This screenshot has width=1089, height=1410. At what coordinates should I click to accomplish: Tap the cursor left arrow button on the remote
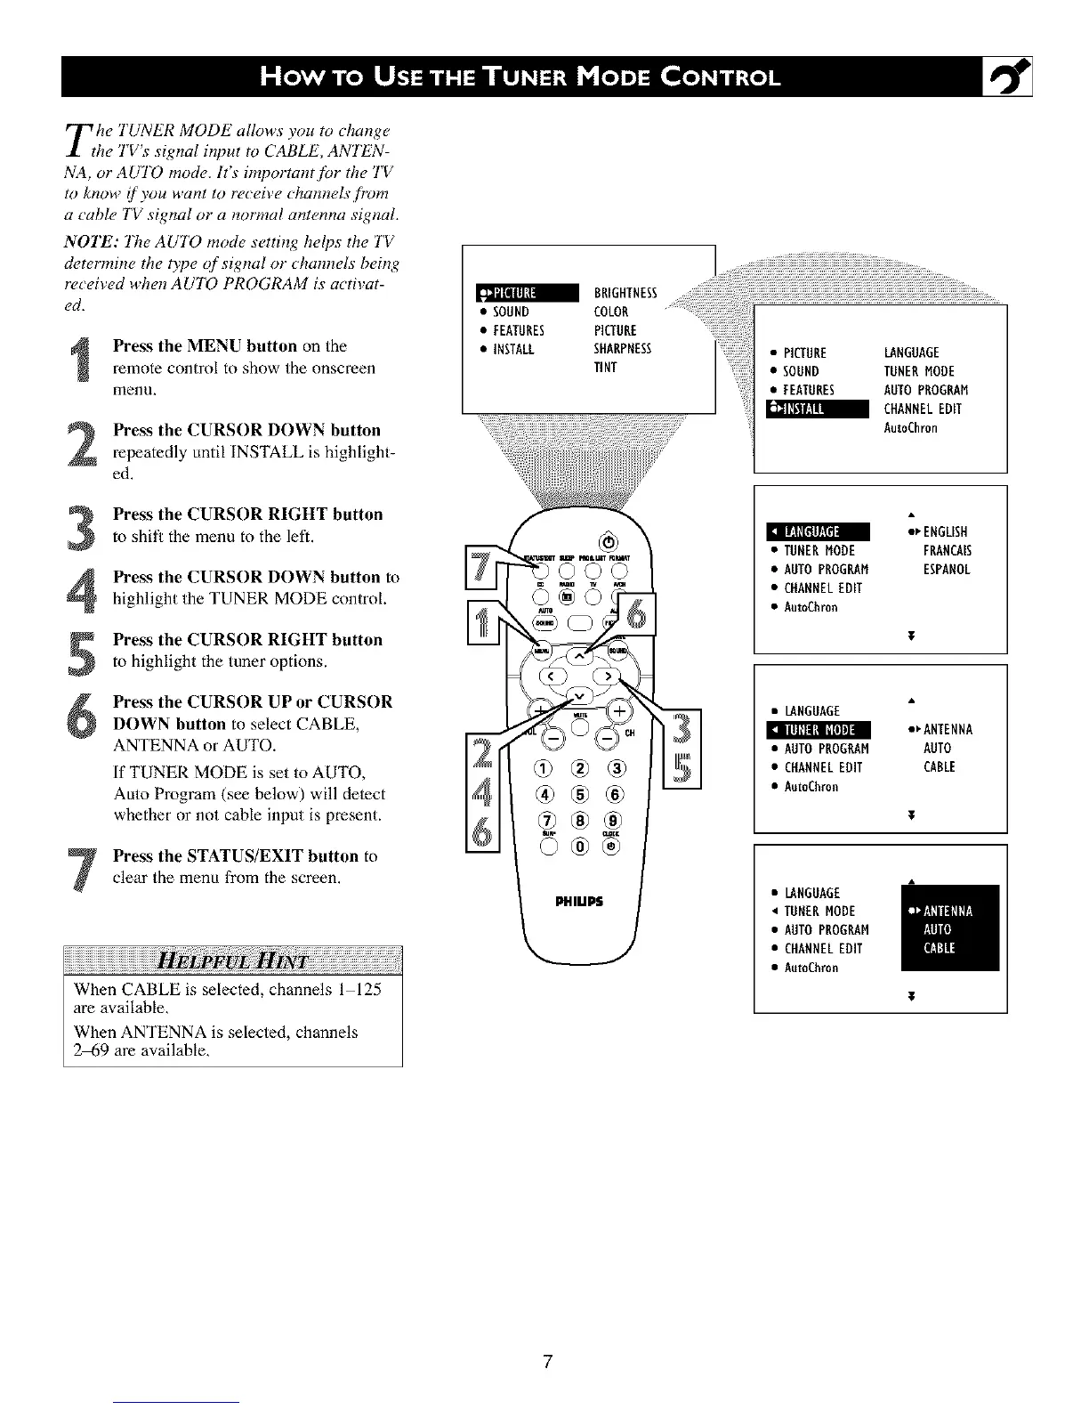tap(551, 676)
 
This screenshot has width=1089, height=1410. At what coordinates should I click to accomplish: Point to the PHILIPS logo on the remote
tap(579, 901)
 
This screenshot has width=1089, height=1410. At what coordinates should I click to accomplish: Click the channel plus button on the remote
tap(617, 709)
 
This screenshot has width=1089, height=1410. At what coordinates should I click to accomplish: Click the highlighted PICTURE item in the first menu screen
tap(528, 293)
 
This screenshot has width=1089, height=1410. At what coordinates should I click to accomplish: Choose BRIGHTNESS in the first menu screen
tap(625, 293)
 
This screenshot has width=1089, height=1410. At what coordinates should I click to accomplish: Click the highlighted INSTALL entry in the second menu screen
tap(810, 409)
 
